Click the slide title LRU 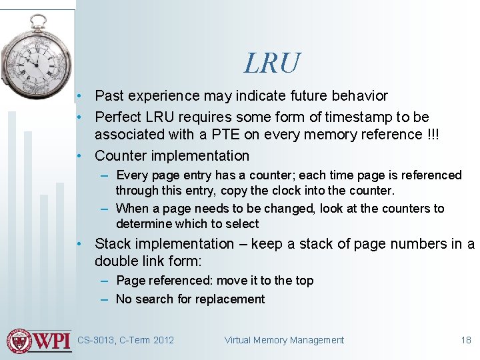[x=272, y=63]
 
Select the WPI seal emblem [x=19, y=341]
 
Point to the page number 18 [x=466, y=340]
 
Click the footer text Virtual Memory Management [x=284, y=340]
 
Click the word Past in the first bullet [x=109, y=97]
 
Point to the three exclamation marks [x=431, y=135]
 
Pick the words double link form [x=147, y=261]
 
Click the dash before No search [x=105, y=299]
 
